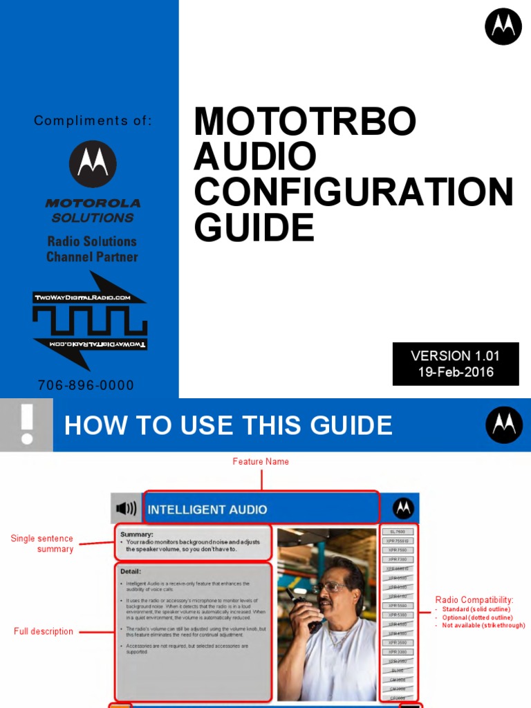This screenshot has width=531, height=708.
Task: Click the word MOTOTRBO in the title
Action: pyautogui.click(x=305, y=122)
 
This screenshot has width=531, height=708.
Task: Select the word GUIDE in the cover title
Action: pyautogui.click(x=254, y=227)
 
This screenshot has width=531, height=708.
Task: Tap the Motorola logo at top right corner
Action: pyautogui.click(x=503, y=26)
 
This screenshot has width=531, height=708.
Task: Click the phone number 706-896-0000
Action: pyautogui.click(x=86, y=385)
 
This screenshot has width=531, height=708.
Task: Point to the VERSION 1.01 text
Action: pyautogui.click(x=455, y=356)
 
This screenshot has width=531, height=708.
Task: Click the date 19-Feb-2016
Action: pyautogui.click(x=455, y=372)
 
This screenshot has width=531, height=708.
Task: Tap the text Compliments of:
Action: pyautogui.click(x=93, y=121)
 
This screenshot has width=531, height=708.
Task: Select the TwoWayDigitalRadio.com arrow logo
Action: pyautogui.click(x=90, y=321)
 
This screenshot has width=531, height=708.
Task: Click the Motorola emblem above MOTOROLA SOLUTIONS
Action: pyautogui.click(x=93, y=164)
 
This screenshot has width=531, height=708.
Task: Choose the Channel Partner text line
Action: pyautogui.click(x=92, y=257)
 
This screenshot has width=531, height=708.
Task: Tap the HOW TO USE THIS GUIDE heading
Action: pyautogui.click(x=228, y=425)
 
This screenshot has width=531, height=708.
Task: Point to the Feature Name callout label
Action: pyautogui.click(x=261, y=461)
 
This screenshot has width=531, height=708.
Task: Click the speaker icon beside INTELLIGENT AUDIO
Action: pyautogui.click(x=126, y=509)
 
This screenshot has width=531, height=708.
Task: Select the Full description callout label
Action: pyautogui.click(x=43, y=631)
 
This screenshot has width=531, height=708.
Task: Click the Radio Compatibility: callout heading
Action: pyautogui.click(x=474, y=599)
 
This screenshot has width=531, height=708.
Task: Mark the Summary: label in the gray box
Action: pyautogui.click(x=137, y=534)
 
